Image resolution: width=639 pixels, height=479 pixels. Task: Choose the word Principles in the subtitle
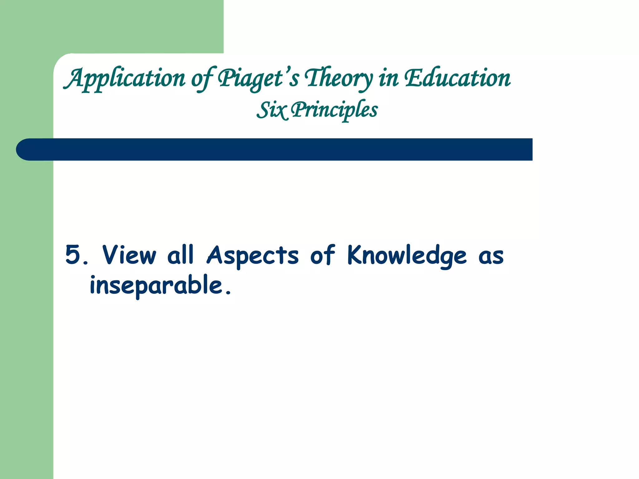334,110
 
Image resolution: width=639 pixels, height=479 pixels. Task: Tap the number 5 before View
73,255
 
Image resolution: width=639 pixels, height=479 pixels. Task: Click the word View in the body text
129,255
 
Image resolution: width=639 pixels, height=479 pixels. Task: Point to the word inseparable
156,286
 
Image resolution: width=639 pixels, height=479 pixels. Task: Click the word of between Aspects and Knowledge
322,255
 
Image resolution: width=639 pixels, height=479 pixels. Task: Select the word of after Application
202,79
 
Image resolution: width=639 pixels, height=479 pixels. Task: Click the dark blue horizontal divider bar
281,149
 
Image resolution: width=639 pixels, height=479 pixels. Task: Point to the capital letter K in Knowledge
355,255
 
